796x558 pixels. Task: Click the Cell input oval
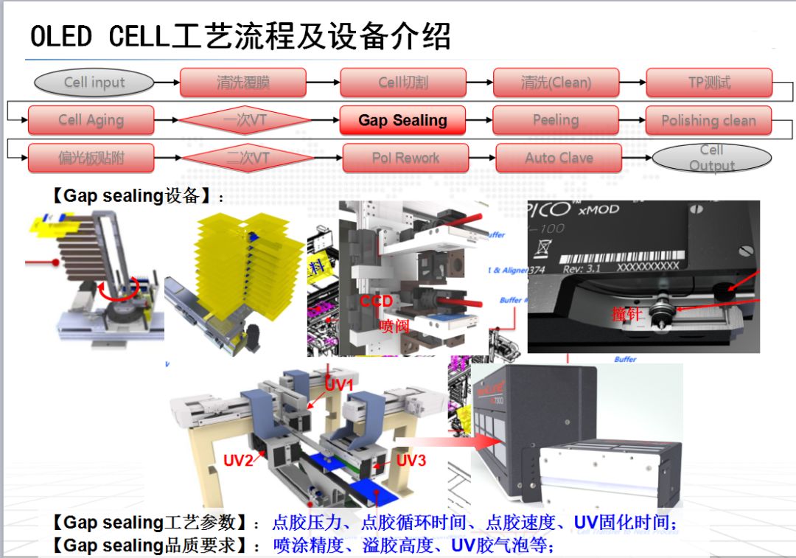click(x=94, y=83)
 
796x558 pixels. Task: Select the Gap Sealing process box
click(x=402, y=120)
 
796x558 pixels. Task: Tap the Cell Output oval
click(x=711, y=158)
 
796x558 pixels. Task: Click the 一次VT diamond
click(x=245, y=120)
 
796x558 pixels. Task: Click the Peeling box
click(x=555, y=120)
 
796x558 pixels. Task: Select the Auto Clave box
click(x=559, y=158)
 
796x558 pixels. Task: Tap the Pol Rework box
click(x=405, y=158)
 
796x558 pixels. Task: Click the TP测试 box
click(x=709, y=83)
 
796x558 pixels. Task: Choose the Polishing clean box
click(x=708, y=120)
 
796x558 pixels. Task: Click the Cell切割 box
click(x=402, y=83)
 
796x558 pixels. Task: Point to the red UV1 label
click(x=340, y=385)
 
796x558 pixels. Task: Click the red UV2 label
click(x=239, y=461)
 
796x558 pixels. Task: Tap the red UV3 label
click(x=411, y=461)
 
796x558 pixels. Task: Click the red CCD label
click(x=376, y=301)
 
